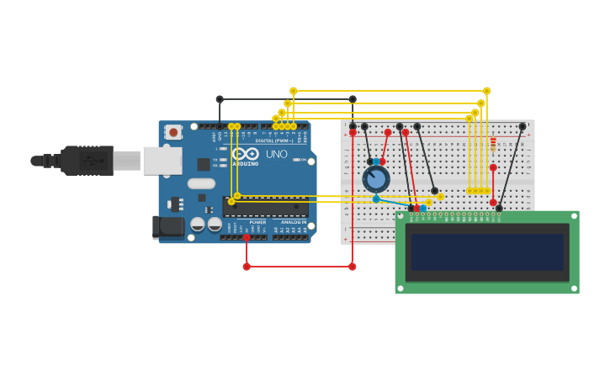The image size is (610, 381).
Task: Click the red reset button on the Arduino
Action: pyautogui.click(x=172, y=132)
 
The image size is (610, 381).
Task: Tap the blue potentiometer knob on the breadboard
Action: pyautogui.click(x=376, y=178)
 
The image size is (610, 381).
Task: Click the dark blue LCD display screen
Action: pyautogui.click(x=487, y=251)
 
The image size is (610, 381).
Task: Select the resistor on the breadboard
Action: pyautogui.click(x=493, y=142)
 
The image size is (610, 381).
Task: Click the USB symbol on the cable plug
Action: pyautogui.click(x=93, y=160)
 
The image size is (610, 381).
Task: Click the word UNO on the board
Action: pyautogui.click(x=276, y=154)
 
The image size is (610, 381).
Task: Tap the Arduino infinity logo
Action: pyautogui.click(x=246, y=154)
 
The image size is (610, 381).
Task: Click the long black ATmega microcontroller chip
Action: pyautogui.click(x=266, y=206)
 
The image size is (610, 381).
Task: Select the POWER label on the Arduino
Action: pyautogui.click(x=257, y=222)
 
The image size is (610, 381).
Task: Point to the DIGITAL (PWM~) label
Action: pyautogui.click(x=273, y=140)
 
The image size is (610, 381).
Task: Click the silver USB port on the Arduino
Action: pyautogui.click(x=162, y=160)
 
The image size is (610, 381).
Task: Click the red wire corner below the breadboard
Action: pyautogui.click(x=353, y=267)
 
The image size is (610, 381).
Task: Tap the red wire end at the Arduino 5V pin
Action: pyautogui.click(x=247, y=238)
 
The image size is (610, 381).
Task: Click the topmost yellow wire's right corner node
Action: pyautogui.click(x=486, y=91)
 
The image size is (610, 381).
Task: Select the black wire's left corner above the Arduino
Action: pyautogui.click(x=220, y=99)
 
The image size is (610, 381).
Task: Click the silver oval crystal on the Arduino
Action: pyautogui.click(x=201, y=183)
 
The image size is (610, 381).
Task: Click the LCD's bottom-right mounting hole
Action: pyautogui.click(x=574, y=288)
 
